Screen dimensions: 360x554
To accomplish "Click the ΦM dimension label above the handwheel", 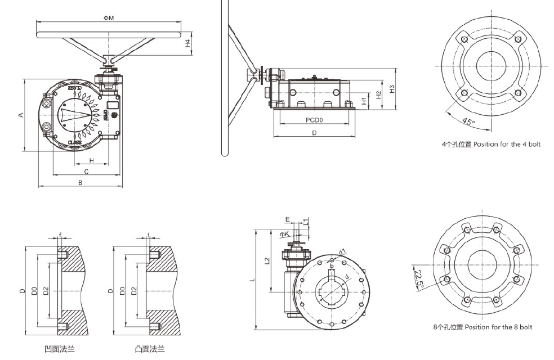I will click(x=109, y=18).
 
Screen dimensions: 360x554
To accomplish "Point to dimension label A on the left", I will click(x=21, y=115).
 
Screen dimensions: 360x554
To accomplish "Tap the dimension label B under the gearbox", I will click(x=80, y=182).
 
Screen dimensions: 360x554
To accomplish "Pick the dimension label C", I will click(x=86, y=171).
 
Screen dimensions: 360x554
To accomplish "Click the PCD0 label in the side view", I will click(x=314, y=120).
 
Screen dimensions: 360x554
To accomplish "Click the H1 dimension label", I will click(x=364, y=101).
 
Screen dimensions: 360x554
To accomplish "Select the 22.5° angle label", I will click(x=418, y=277).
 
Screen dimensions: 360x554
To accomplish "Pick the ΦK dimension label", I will click(x=284, y=233).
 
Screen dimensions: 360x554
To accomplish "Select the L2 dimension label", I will click(x=267, y=260).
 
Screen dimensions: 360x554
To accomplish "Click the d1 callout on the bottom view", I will click(x=342, y=251).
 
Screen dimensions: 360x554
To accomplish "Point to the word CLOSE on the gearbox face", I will click(x=75, y=143).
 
